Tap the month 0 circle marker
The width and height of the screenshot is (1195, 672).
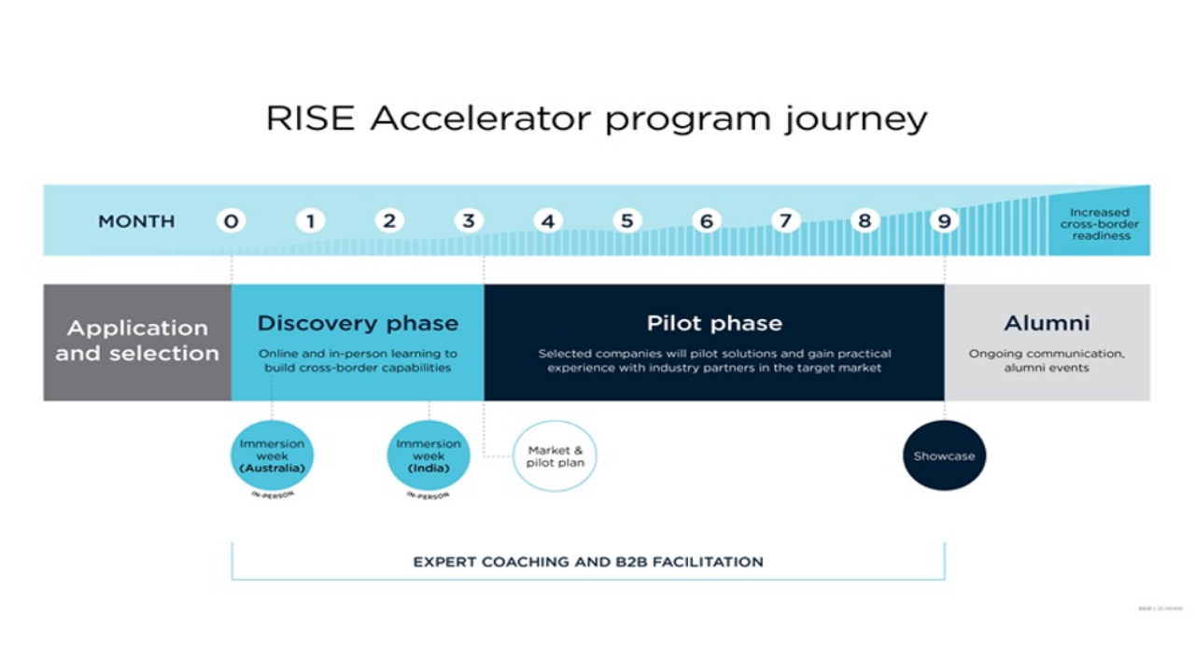click(x=231, y=221)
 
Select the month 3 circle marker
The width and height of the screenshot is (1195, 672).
click(x=469, y=221)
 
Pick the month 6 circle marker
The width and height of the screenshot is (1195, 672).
click(x=707, y=221)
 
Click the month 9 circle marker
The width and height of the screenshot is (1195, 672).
click(x=944, y=221)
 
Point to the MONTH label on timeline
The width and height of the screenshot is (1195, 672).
click(x=136, y=221)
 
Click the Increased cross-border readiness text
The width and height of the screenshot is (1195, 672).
click(x=1099, y=224)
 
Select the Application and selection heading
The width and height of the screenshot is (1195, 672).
click(x=137, y=341)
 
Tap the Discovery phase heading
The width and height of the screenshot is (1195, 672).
click(x=358, y=324)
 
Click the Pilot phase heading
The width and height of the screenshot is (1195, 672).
click(x=714, y=324)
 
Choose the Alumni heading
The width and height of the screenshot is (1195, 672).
click(x=1047, y=324)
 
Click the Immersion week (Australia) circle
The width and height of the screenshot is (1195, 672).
click(x=272, y=455)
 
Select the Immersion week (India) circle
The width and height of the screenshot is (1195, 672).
click(x=429, y=455)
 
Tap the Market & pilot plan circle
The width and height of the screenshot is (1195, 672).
click(x=555, y=456)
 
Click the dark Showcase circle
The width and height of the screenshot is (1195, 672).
click(x=944, y=455)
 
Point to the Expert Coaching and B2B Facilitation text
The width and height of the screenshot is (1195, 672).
click(x=588, y=562)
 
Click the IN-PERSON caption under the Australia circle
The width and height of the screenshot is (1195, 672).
click(x=272, y=495)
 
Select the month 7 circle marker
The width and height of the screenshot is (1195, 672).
click(x=785, y=221)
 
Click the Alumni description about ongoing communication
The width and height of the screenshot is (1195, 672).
click(x=1047, y=360)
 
